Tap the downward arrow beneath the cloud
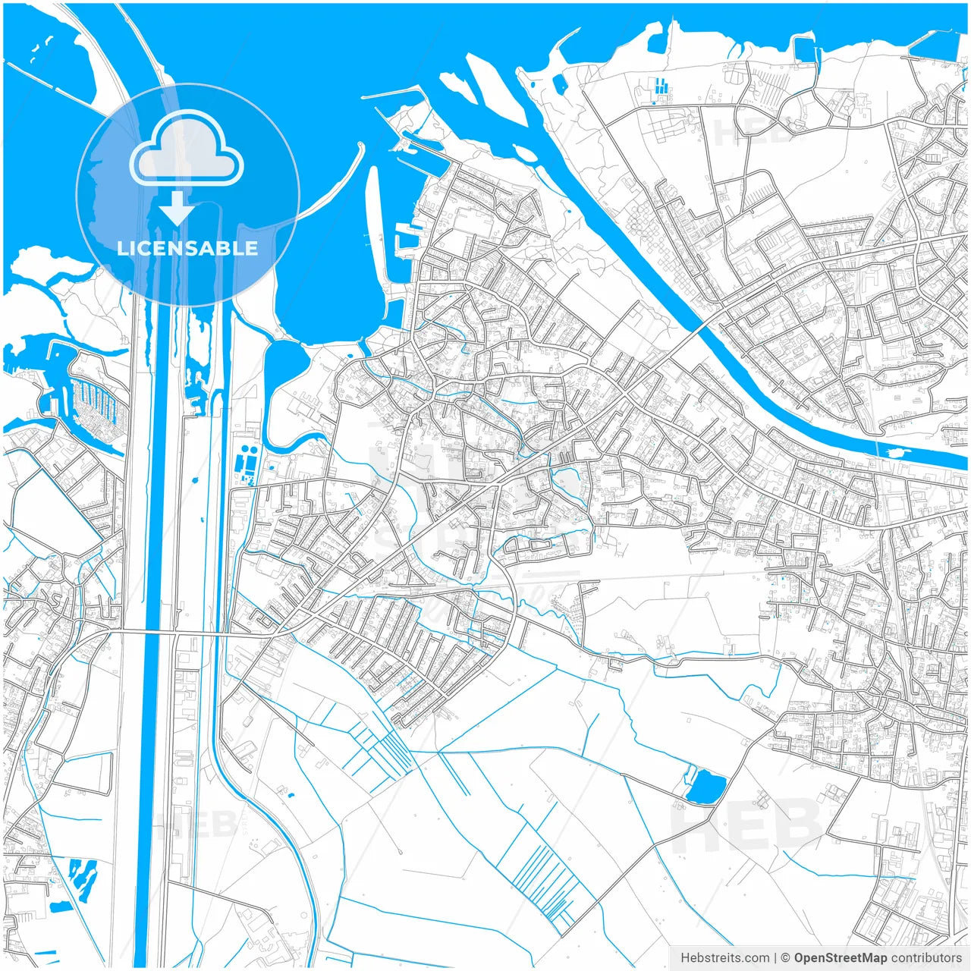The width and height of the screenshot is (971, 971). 177,209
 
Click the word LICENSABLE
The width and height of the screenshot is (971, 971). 187,248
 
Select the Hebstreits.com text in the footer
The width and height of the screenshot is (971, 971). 724,958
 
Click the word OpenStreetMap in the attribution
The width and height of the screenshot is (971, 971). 841,958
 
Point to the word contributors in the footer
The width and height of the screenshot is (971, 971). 926,958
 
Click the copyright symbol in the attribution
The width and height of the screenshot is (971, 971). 786,958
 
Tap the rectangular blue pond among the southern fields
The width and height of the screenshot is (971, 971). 706,786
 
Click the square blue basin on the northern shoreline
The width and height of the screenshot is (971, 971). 805,49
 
